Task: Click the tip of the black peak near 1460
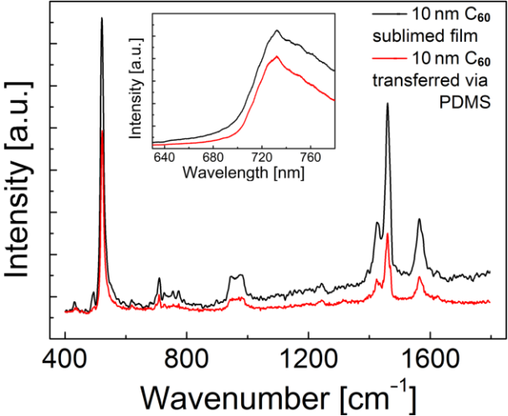(x=387, y=104)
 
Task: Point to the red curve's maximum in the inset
(x=275, y=56)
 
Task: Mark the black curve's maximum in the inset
(x=276, y=30)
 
